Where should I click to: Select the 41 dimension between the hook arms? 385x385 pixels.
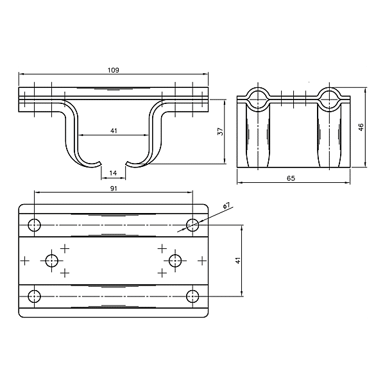[x=114, y=131]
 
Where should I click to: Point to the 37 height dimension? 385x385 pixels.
[x=220, y=132]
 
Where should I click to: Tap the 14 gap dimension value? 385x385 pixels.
[x=114, y=173]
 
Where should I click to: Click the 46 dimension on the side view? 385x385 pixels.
[x=361, y=127]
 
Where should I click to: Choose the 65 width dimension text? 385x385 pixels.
[x=291, y=179]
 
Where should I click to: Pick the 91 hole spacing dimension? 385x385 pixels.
[x=114, y=189]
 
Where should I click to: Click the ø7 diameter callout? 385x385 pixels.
[x=227, y=205]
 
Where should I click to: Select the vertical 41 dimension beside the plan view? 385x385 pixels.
[x=237, y=261]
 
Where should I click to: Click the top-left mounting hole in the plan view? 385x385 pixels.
[x=35, y=225]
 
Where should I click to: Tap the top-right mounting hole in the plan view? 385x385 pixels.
[x=193, y=224]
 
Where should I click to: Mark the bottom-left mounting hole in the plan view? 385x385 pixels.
[x=35, y=296]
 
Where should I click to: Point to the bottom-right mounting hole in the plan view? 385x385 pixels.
[x=193, y=296]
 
